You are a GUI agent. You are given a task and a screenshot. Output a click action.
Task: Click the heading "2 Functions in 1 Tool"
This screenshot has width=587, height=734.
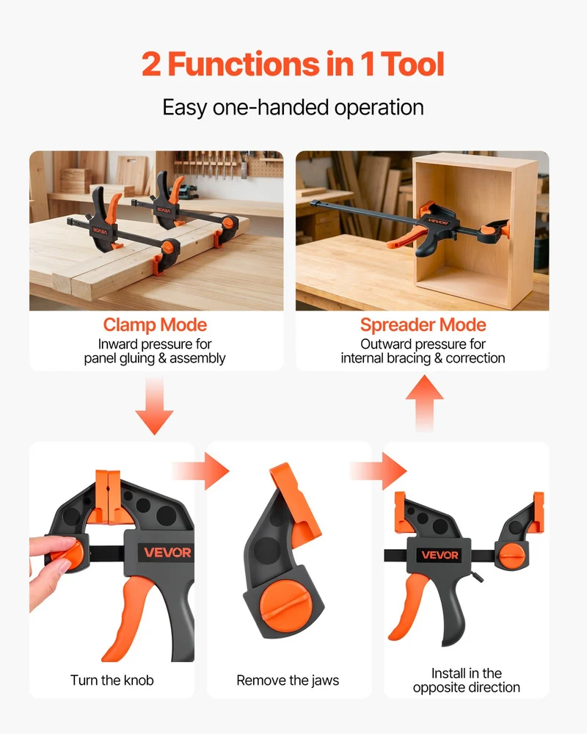[x=293, y=64]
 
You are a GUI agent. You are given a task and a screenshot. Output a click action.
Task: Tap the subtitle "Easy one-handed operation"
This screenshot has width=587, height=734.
[x=293, y=107]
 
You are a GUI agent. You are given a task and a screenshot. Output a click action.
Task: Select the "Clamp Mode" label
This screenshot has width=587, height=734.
[x=155, y=324]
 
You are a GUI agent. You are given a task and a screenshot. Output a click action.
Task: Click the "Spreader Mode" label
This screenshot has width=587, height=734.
[x=423, y=324]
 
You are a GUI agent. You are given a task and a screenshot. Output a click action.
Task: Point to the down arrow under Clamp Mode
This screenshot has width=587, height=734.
[x=155, y=407]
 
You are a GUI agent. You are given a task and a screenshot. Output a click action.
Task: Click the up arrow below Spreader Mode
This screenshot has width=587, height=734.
[x=425, y=402]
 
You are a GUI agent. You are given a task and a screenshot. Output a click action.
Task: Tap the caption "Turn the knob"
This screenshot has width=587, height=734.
[x=112, y=680]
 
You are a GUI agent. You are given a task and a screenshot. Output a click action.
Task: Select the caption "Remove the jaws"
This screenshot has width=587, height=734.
[x=288, y=680]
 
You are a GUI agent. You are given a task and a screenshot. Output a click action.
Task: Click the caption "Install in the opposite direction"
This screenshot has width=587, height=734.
[x=466, y=680]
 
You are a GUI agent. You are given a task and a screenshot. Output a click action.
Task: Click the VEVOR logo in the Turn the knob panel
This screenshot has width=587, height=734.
[x=167, y=553]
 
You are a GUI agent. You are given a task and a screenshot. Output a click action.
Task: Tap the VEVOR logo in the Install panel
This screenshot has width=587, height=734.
[x=440, y=555]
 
